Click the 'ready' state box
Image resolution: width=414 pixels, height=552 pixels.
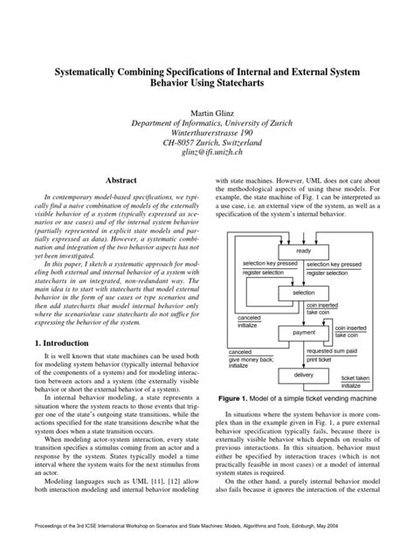[x=304, y=251]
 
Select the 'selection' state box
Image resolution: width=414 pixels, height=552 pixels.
[x=304, y=292]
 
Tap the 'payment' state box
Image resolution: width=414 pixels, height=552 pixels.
[x=304, y=333]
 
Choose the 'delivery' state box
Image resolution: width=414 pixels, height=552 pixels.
[x=304, y=374]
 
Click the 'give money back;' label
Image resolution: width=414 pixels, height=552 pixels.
[x=251, y=359]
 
